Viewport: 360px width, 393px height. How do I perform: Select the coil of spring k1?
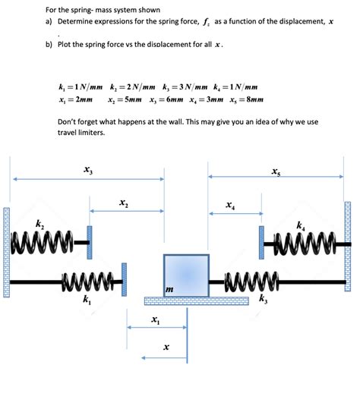(x=92, y=281)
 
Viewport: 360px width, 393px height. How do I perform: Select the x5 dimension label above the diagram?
(x=274, y=171)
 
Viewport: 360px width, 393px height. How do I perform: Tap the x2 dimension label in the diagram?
(x=124, y=203)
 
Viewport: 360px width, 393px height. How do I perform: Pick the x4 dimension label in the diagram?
(x=229, y=205)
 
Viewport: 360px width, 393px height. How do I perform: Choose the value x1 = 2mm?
(x=76, y=99)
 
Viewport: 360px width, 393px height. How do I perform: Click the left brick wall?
(x=7, y=251)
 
